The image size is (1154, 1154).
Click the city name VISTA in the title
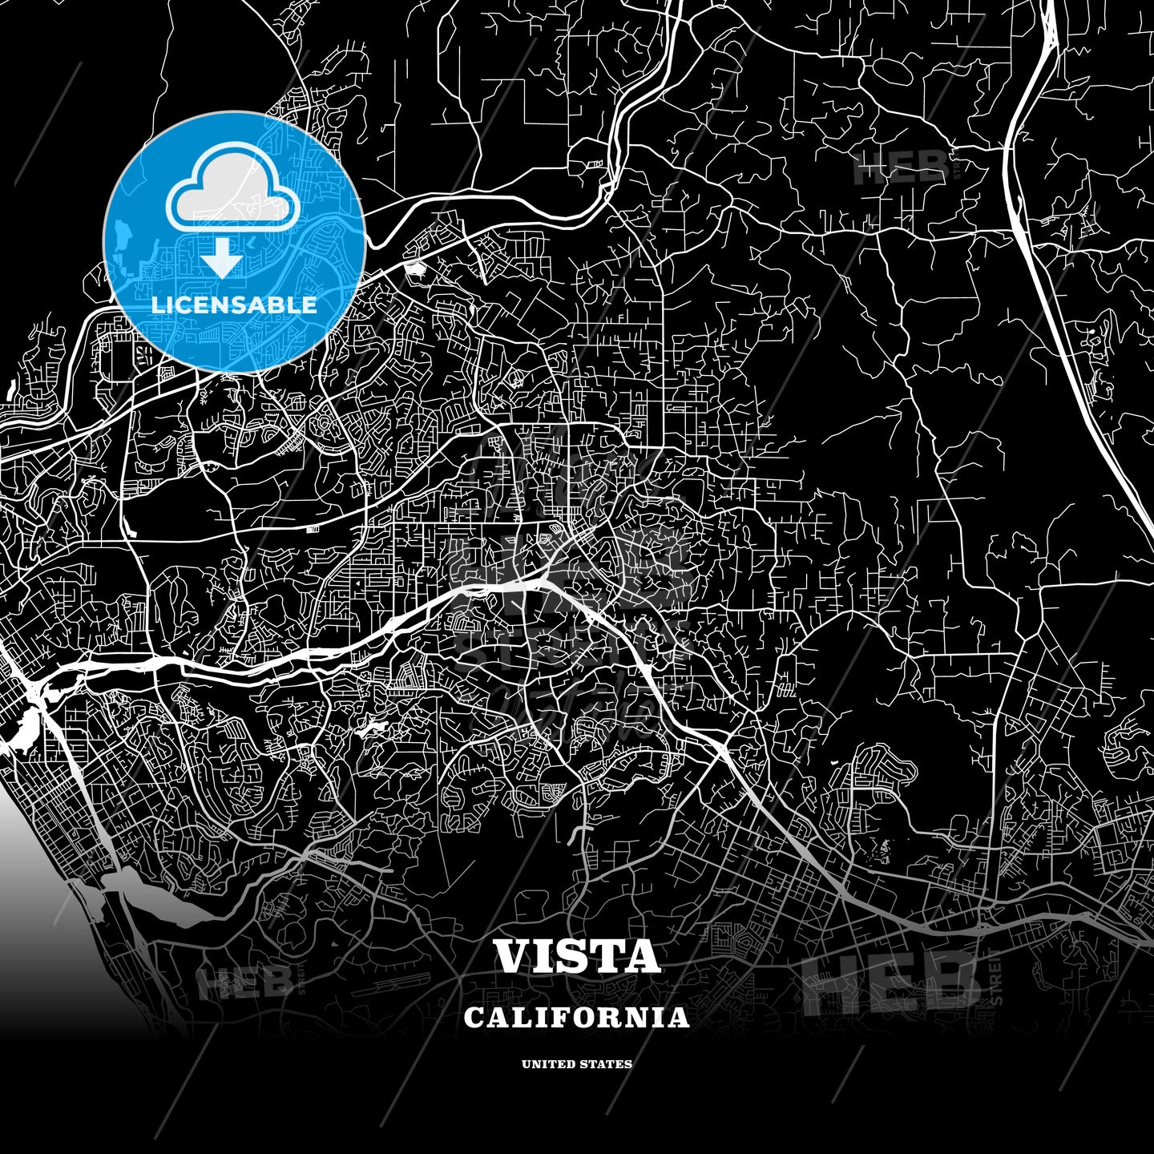click(577, 956)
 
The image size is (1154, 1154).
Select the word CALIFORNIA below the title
click(577, 1018)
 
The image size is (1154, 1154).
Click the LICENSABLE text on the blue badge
click(234, 305)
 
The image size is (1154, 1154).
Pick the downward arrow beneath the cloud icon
click(221, 258)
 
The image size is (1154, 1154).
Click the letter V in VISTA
click(515, 956)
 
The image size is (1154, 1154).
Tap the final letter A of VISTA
click(642, 956)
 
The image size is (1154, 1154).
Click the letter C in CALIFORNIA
click(474, 1018)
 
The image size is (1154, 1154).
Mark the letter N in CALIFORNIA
click(635, 1018)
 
